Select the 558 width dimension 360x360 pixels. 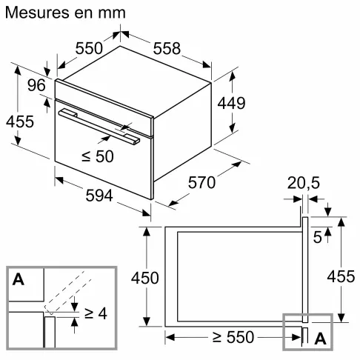tap(166, 48)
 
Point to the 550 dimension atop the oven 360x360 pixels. tap(90, 48)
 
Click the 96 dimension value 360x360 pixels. tap(36, 86)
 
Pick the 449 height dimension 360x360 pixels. tap(230, 103)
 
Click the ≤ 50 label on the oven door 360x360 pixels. tap(97, 156)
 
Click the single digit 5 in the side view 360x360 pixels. tap(316, 238)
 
